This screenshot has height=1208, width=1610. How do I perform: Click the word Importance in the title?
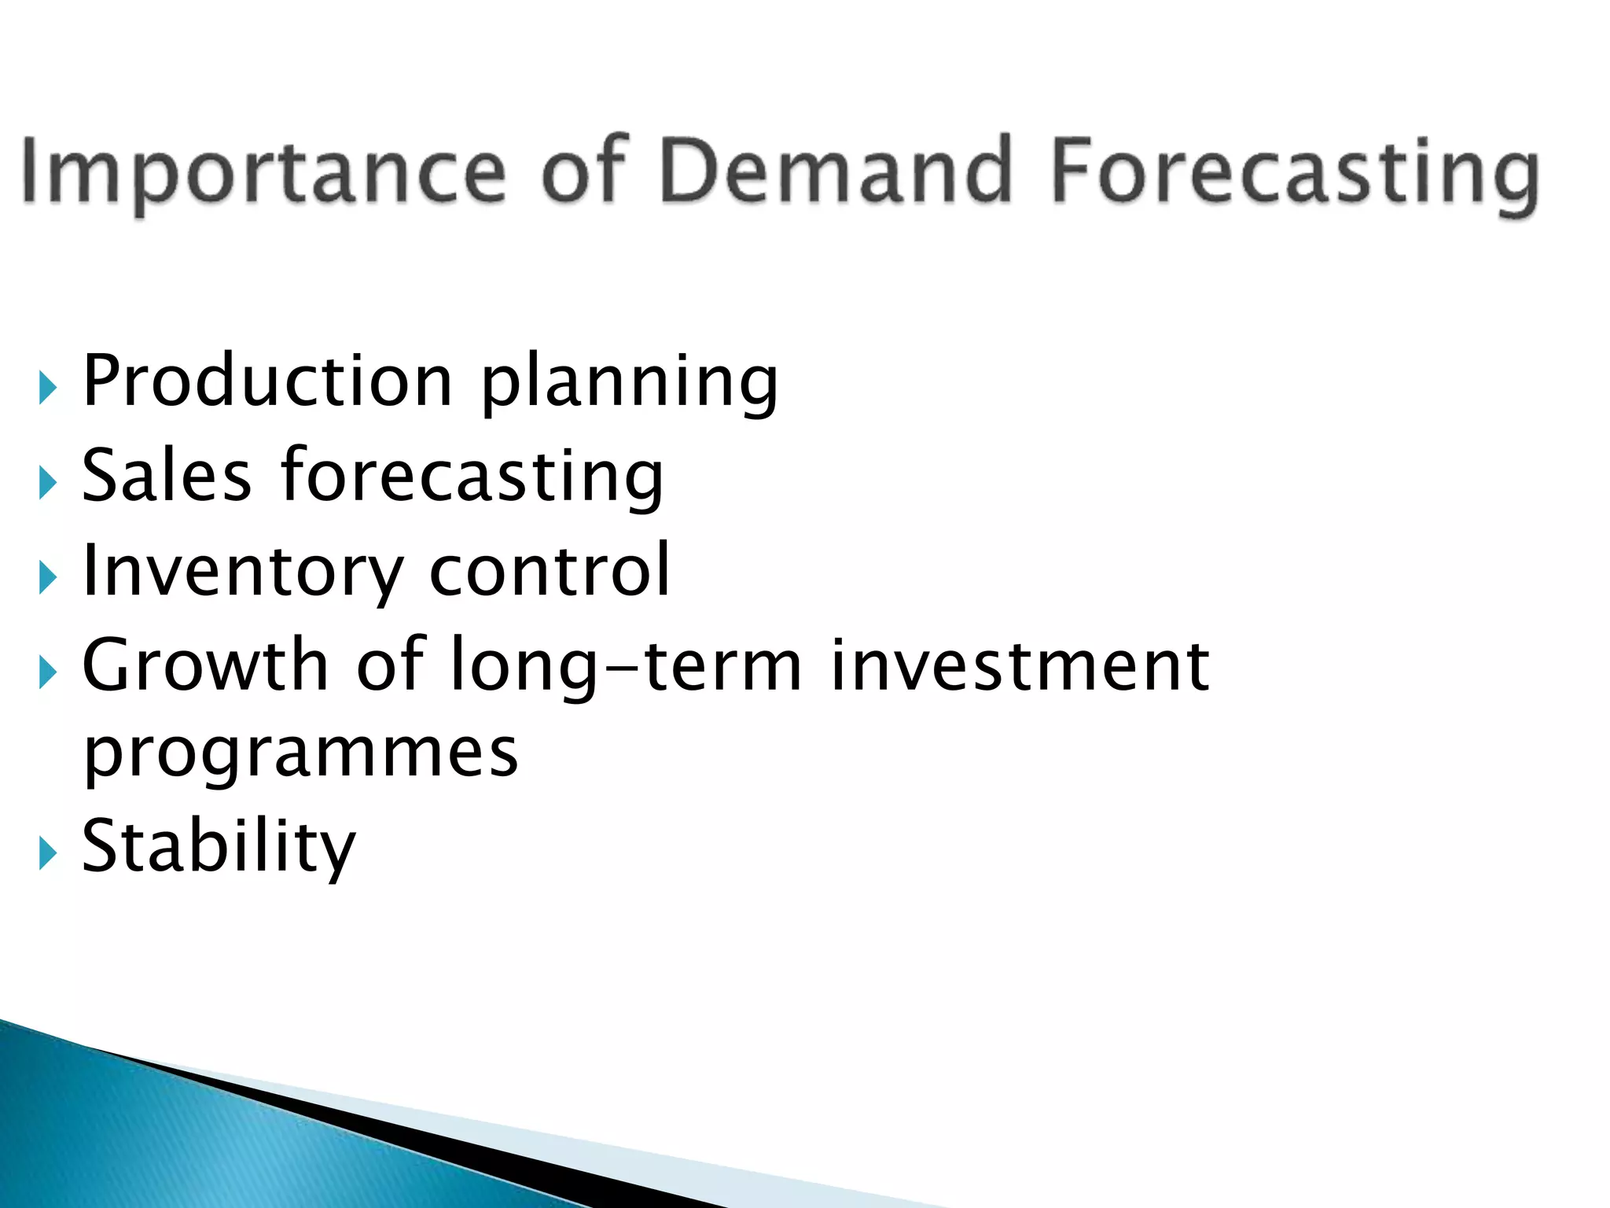(264, 171)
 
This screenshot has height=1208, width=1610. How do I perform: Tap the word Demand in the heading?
(835, 171)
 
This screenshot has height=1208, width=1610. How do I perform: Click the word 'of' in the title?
(584, 171)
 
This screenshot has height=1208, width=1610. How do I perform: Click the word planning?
(629, 385)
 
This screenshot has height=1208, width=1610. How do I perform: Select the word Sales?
(167, 476)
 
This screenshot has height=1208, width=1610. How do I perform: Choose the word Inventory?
(242, 573)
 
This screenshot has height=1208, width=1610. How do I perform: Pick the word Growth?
(205, 666)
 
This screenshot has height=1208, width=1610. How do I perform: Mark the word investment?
(1020, 666)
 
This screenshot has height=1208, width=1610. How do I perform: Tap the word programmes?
(300, 753)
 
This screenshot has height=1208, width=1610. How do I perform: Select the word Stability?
(219, 847)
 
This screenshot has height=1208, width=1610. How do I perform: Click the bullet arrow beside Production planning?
(48, 388)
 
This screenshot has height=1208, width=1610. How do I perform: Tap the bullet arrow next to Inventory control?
(48, 578)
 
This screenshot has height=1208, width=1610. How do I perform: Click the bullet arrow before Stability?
(48, 853)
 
